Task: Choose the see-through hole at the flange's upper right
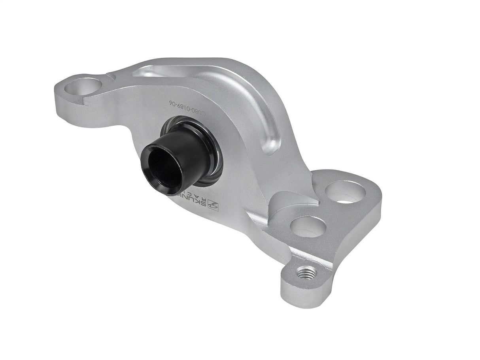[345, 192]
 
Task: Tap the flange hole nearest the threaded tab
[308, 227]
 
